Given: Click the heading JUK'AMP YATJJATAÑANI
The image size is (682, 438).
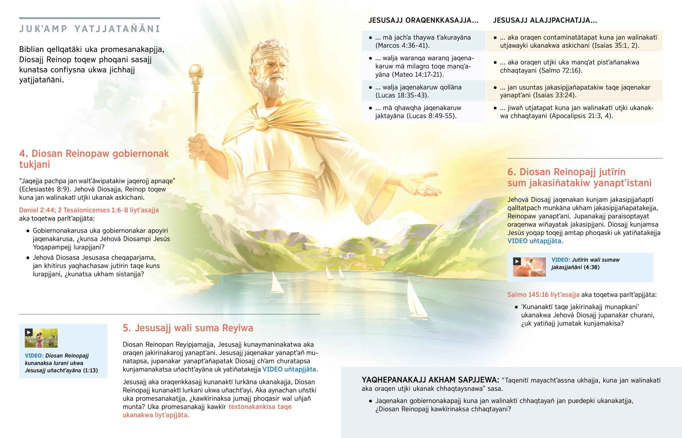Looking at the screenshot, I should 90,29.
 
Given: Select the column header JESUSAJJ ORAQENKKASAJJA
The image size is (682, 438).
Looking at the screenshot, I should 423,20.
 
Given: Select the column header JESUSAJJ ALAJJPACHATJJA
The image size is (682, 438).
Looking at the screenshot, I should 545,20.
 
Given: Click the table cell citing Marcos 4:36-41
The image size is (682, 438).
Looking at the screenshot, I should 423,41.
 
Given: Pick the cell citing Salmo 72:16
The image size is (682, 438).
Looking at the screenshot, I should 574,66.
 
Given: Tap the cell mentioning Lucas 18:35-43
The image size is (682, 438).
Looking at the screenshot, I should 423,91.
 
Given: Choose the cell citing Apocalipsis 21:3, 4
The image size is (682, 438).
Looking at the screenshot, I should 574,112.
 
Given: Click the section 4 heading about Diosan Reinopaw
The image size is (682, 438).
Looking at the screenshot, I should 94,159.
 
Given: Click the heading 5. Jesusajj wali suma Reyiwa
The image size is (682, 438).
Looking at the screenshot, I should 188,328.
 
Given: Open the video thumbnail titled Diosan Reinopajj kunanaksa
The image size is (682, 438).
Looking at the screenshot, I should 41,338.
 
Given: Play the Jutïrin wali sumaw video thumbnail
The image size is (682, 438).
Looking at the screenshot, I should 529,267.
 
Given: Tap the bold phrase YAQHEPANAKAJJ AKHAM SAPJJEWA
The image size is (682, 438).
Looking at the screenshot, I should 430,380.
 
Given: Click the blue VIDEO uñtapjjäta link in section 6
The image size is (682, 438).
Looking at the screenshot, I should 535,241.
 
